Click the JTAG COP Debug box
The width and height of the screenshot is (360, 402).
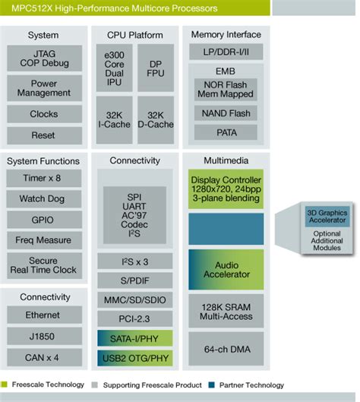pyautogui.click(x=43, y=58)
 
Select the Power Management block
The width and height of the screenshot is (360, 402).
pyautogui.click(x=43, y=88)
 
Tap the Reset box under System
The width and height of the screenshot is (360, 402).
pyautogui.click(x=43, y=135)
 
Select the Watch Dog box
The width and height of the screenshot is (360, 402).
pyautogui.click(x=43, y=199)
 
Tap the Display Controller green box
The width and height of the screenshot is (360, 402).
pyautogui.click(x=226, y=188)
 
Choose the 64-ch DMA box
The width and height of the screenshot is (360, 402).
pyautogui.click(x=226, y=349)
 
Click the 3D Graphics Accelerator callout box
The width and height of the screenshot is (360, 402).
pyautogui.click(x=327, y=217)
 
